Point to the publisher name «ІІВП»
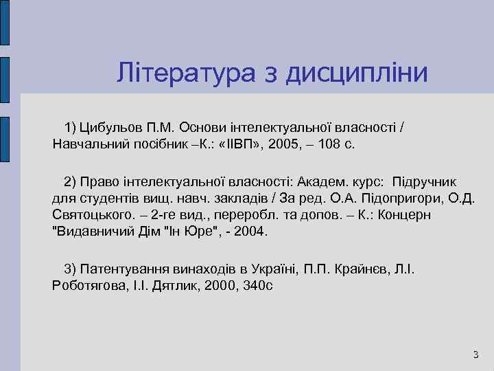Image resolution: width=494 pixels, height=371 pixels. point(240,145)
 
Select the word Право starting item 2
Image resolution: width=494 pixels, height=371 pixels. point(98,182)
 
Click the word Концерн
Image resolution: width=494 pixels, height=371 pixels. point(426,215)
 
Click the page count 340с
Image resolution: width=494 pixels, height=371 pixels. point(256,285)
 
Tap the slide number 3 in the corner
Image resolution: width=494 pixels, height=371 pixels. point(475,355)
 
